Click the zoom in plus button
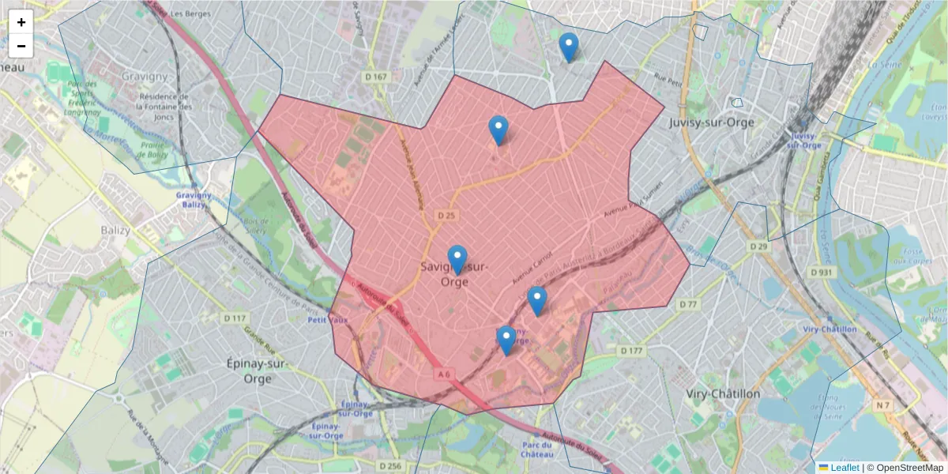click(21, 22)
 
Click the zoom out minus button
click(21, 46)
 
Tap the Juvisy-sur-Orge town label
click(711, 122)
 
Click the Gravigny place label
click(145, 77)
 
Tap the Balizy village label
click(115, 230)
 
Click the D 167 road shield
click(376, 77)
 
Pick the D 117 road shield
click(235, 318)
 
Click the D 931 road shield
click(822, 273)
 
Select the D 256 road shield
click(390, 466)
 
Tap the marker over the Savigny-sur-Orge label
click(457, 260)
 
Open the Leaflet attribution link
click(844, 468)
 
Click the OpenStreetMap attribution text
click(905, 468)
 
